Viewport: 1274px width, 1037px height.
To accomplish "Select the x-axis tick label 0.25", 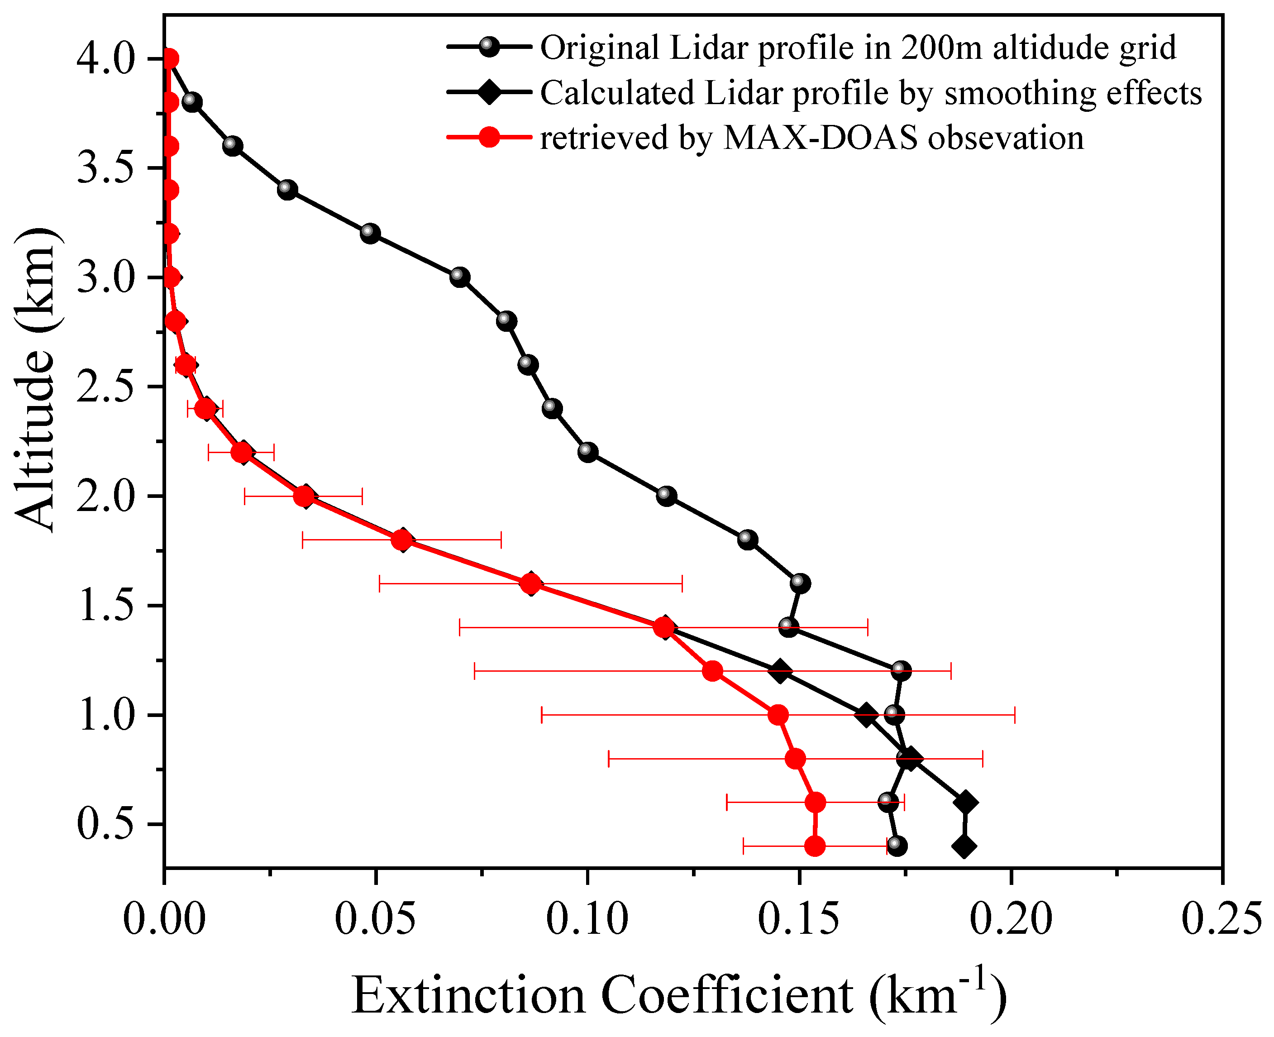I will point(1222,919).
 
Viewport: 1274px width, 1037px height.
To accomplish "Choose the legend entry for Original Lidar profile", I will point(858,48).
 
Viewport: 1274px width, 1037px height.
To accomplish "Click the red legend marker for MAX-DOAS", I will point(489,138).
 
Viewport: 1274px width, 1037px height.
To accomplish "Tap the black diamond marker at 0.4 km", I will point(964,846).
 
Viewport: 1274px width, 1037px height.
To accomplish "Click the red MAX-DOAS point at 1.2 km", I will point(712,671).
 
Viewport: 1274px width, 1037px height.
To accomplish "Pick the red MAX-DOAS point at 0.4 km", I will point(815,846).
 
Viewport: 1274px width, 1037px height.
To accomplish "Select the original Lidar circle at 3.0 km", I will point(459,277).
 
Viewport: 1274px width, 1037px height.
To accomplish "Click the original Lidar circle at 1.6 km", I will point(800,583).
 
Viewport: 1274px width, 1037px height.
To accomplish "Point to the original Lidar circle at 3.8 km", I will point(191,102).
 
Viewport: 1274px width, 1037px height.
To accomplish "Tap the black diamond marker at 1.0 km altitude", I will point(866,715).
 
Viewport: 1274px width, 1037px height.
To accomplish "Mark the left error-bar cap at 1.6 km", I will point(379,583).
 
